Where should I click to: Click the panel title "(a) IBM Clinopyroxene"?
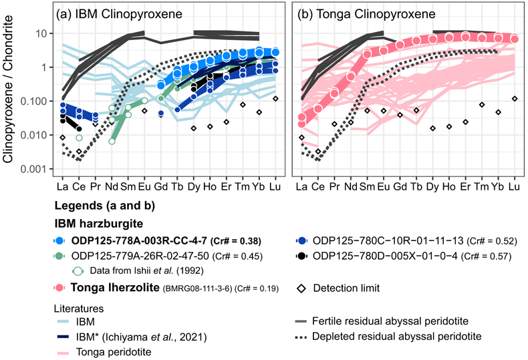[119, 14]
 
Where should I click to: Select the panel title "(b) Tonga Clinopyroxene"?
[366, 14]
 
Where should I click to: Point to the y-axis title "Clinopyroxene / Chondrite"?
[7, 89]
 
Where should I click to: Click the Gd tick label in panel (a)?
[160, 186]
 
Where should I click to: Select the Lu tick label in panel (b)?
[514, 186]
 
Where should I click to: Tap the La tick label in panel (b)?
[301, 186]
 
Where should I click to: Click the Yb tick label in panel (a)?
[259, 186]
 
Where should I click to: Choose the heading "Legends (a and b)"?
[105, 206]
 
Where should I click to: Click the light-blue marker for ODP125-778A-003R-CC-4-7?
[59, 241]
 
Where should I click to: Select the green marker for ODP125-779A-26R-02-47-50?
[59, 256]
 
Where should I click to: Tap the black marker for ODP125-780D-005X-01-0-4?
[301, 256]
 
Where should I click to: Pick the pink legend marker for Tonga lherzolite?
[59, 288]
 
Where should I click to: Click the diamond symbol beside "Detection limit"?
[301, 289]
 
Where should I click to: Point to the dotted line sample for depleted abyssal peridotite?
[301, 337]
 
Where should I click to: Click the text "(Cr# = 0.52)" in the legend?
[492, 241]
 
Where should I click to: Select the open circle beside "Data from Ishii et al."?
[78, 271]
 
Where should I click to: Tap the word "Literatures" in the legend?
[79, 309]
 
